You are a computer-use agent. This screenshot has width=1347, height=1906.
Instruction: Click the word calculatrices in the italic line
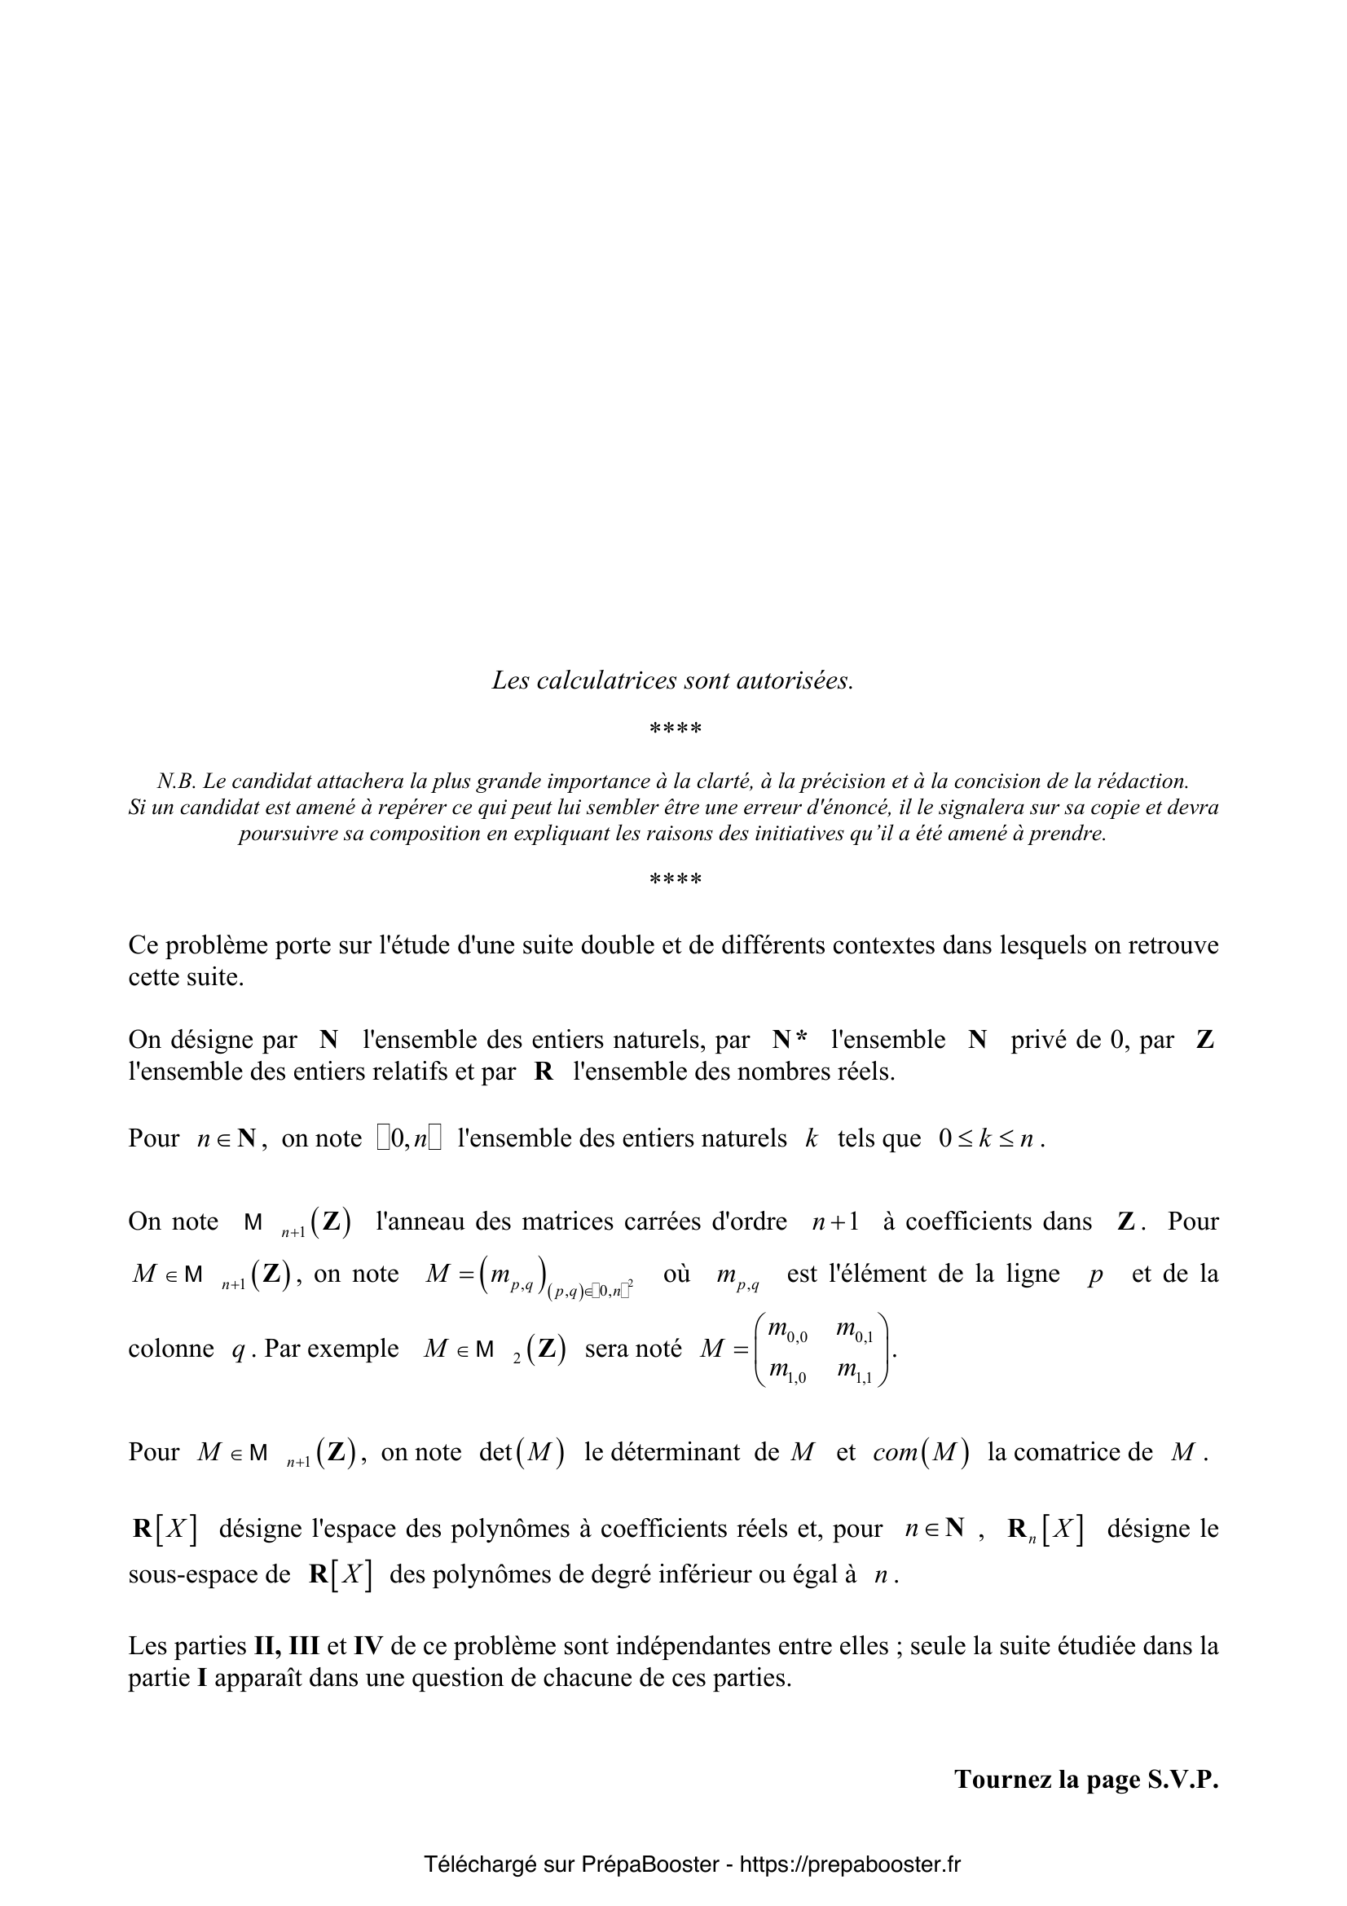[x=605, y=680]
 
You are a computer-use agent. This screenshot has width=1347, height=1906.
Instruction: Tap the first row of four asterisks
[x=675, y=729]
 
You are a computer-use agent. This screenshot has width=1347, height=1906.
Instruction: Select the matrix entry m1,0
[x=787, y=1372]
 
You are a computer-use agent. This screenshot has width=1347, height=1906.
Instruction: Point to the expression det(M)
[x=522, y=1453]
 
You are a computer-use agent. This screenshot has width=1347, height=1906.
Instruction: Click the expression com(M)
[x=920, y=1453]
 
